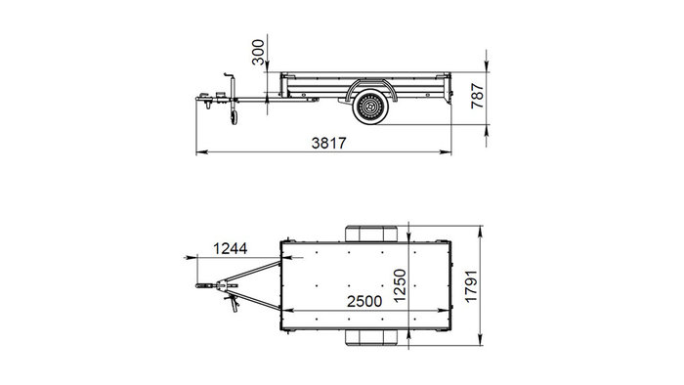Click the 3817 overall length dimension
coord(329,143)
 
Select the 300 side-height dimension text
coord(258,52)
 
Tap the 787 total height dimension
coord(478,96)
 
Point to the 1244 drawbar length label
coord(230,248)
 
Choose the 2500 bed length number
coord(364,301)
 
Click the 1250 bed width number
coord(400,285)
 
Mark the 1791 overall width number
coord(472,286)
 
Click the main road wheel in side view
coord(370,107)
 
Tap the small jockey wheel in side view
coord(235,117)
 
